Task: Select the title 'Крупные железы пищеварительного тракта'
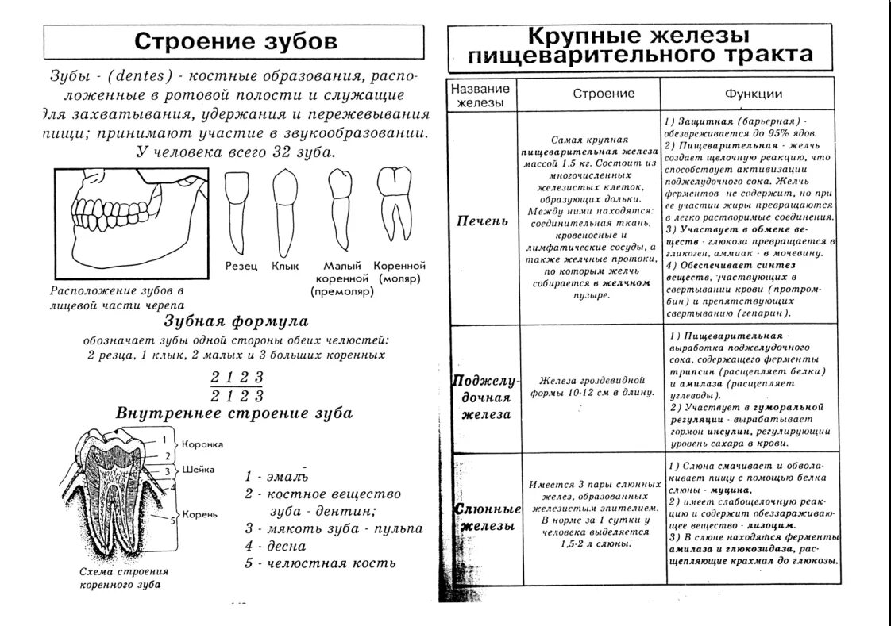(640, 46)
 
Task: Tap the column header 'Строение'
(604, 94)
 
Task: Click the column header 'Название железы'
(480, 94)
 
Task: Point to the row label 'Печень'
(481, 221)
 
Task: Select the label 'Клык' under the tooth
(284, 267)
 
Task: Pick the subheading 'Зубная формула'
(236, 322)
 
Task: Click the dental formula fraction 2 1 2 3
(237, 386)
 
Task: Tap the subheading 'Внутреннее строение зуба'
(235, 413)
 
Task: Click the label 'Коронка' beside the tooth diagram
(202, 444)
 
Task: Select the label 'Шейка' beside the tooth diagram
(199, 469)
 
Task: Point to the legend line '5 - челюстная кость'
(320, 563)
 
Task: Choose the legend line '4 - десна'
(276, 546)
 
